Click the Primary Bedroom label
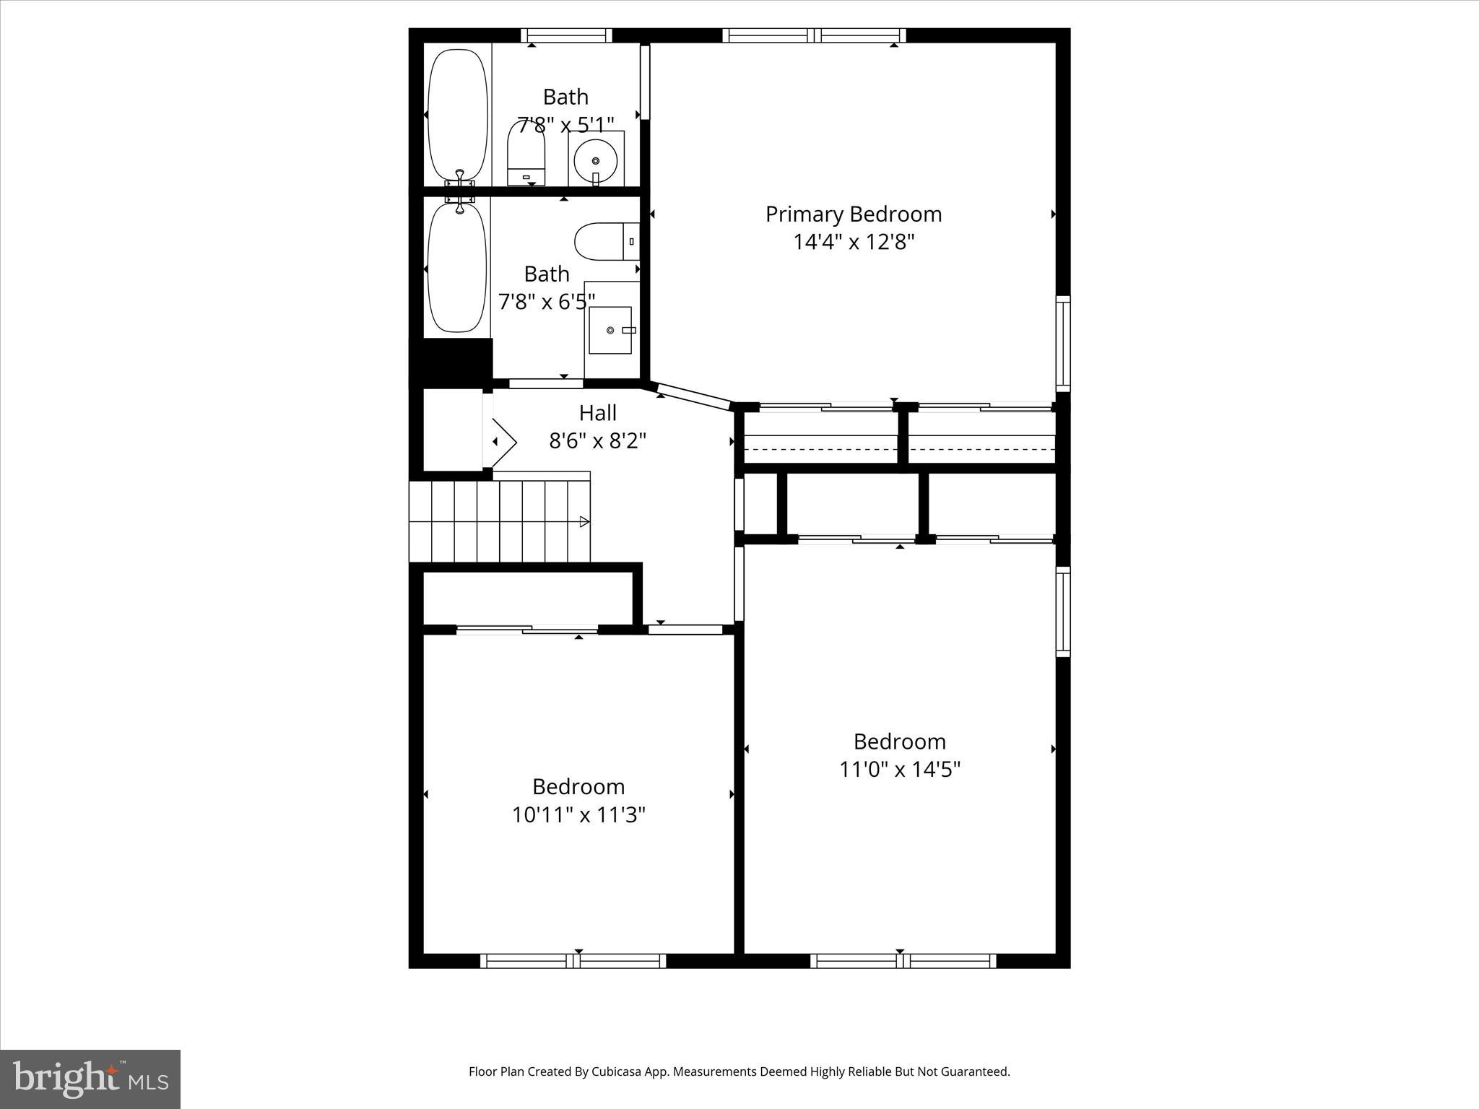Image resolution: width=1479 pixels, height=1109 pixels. pyautogui.click(x=854, y=214)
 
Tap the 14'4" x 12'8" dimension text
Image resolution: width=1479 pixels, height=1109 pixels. pyautogui.click(x=854, y=242)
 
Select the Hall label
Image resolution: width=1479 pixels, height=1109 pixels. pyautogui.click(x=597, y=413)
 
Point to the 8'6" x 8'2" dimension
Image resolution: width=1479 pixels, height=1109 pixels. pyautogui.click(x=597, y=440)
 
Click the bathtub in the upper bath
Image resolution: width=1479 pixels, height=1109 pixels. pyautogui.click(x=457, y=114)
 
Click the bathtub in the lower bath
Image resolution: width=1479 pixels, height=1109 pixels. pyautogui.click(x=456, y=268)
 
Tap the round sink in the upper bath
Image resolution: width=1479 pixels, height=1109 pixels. pyautogui.click(x=596, y=162)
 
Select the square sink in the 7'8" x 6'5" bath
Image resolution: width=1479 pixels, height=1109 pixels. pyautogui.click(x=610, y=330)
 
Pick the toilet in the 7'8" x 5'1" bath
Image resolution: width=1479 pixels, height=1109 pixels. pyautogui.click(x=526, y=155)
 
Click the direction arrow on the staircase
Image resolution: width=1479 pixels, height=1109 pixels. pyautogui.click(x=584, y=522)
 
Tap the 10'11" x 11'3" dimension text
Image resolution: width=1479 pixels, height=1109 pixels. pyautogui.click(x=578, y=815)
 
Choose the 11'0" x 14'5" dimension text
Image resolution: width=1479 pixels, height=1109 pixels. pyautogui.click(x=899, y=770)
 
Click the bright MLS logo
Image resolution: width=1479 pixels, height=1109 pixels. pyautogui.click(x=90, y=1079)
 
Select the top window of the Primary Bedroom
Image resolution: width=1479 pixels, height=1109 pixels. pyautogui.click(x=814, y=35)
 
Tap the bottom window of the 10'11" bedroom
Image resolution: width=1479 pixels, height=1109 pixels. pyautogui.click(x=573, y=961)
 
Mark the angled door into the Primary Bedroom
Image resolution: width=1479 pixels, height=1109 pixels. pyautogui.click(x=694, y=397)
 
